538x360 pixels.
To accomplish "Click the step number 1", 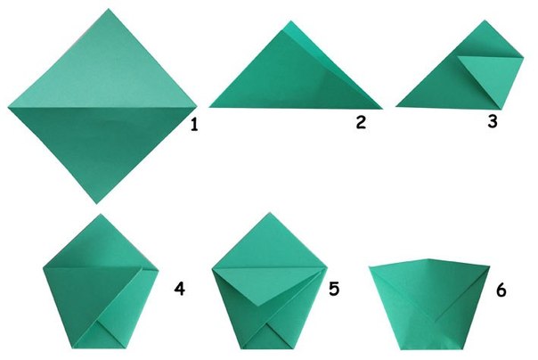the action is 194,124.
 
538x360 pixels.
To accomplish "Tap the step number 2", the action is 361,122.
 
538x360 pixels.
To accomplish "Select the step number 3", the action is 493,121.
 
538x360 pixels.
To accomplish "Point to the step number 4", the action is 179,289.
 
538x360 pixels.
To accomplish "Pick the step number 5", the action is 334,289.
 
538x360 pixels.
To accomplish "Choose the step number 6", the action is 501,290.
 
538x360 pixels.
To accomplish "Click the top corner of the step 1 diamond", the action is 109,9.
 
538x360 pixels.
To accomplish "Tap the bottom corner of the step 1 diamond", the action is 96,204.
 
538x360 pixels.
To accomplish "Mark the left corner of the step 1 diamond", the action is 8,108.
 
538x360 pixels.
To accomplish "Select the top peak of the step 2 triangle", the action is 291,20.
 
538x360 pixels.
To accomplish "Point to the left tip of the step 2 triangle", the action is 208,107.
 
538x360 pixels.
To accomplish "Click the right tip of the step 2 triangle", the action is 383,109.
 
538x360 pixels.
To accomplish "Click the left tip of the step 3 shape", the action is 395,106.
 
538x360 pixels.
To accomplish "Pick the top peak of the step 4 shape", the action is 101,214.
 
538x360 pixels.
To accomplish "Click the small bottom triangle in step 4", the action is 99,337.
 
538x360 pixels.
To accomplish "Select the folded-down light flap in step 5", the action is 269,282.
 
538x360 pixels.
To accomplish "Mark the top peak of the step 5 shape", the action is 270,212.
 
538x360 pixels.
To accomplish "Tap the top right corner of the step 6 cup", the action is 490,266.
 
